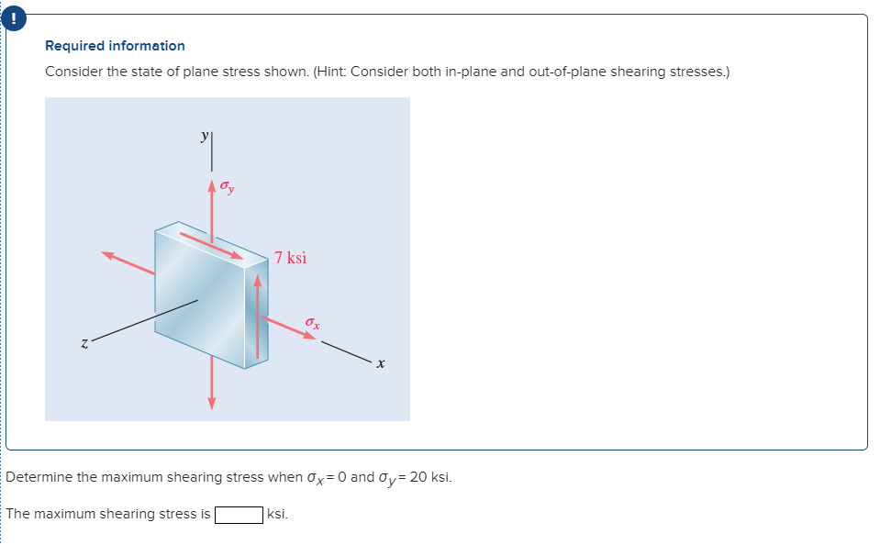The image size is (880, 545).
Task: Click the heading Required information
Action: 115,46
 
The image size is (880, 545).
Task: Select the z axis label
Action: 84,343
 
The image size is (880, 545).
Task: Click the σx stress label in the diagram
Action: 313,322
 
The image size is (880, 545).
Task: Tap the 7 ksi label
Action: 291,258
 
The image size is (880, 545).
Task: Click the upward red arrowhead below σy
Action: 212,186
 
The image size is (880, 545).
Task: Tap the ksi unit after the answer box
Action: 277,514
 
